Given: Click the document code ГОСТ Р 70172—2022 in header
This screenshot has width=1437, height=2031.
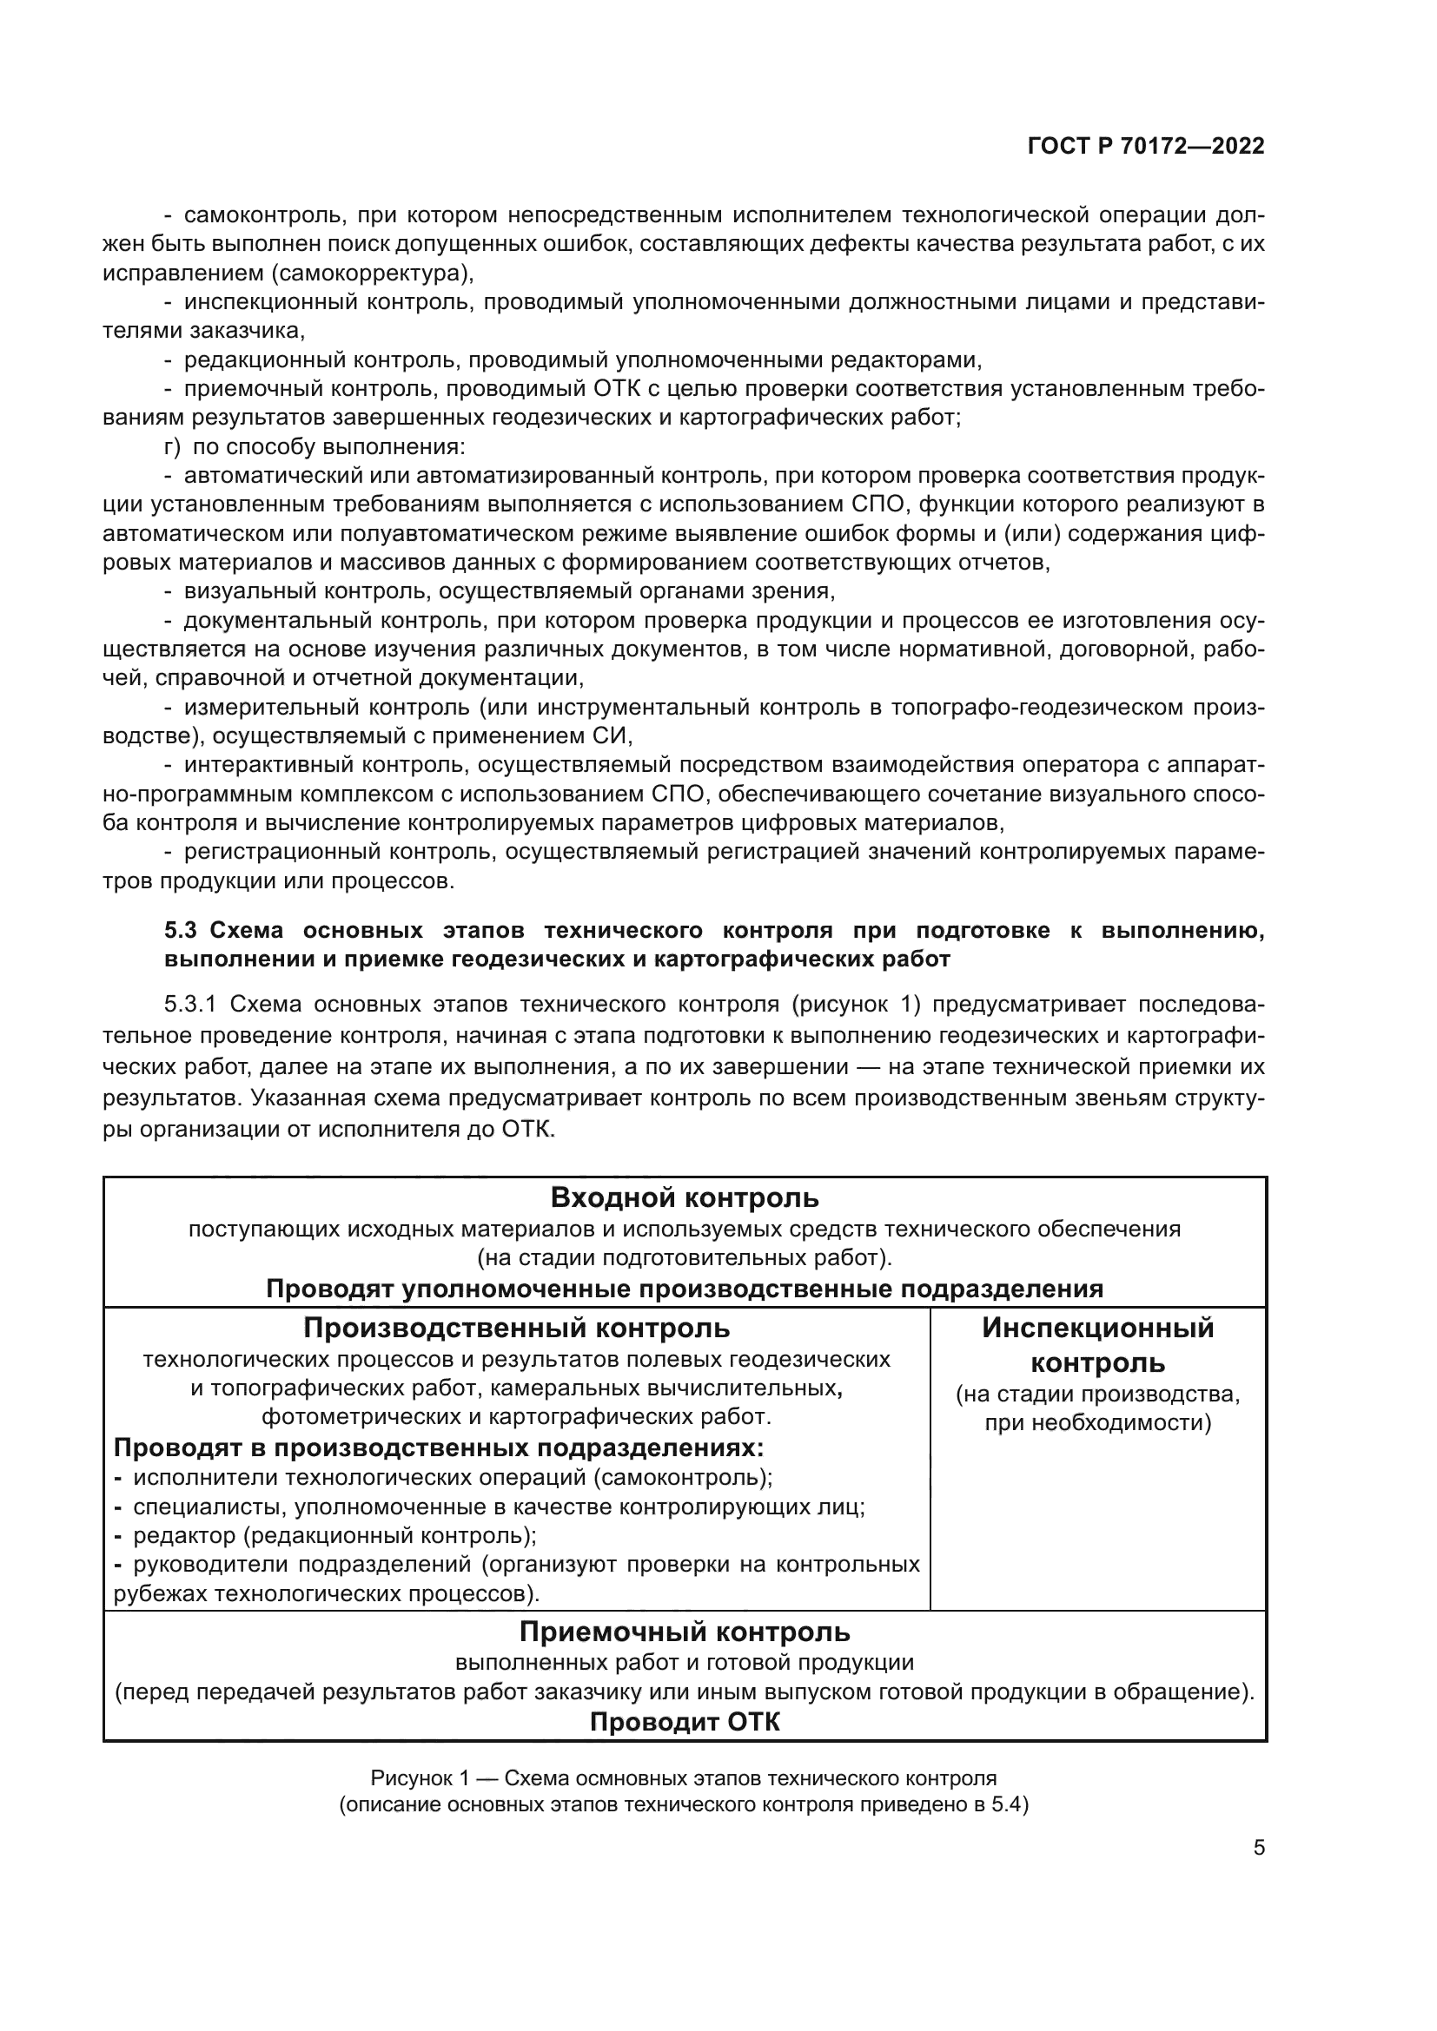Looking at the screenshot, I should click(x=1146, y=147).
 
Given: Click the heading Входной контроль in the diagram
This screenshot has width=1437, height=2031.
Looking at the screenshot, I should click(x=684, y=1197).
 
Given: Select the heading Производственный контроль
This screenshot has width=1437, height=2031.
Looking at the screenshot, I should click(x=517, y=1328).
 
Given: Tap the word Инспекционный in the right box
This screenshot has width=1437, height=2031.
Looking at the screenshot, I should click(x=1097, y=1328).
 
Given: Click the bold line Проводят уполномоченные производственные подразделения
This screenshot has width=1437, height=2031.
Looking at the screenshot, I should click(x=684, y=1288).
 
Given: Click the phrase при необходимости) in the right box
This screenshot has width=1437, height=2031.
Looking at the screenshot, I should click(x=1097, y=1423).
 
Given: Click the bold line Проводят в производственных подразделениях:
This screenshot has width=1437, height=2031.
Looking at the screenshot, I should click(x=439, y=1448).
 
